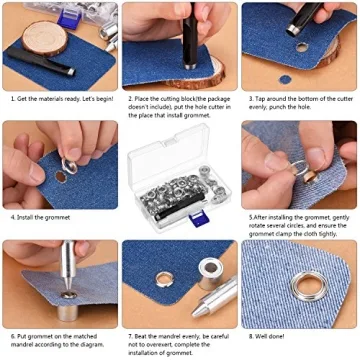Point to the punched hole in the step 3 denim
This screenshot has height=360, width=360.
(x=301, y=46)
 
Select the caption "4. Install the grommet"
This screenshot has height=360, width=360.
(x=40, y=217)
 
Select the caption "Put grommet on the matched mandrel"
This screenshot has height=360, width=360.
(x=56, y=341)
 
